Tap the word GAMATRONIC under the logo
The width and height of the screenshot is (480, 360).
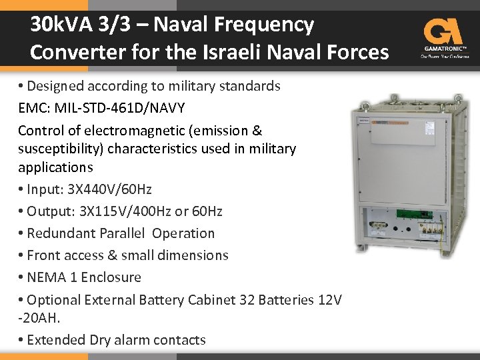pos(443,49)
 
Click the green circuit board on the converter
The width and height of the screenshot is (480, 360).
pos(407,215)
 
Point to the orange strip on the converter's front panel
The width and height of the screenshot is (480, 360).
pos(390,125)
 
